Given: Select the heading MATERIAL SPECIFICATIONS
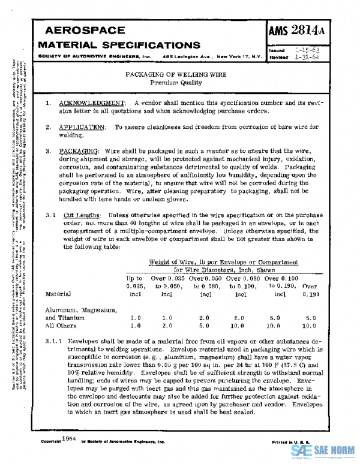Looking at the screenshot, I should [119, 46].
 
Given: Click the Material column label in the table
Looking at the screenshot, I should [58, 294].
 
